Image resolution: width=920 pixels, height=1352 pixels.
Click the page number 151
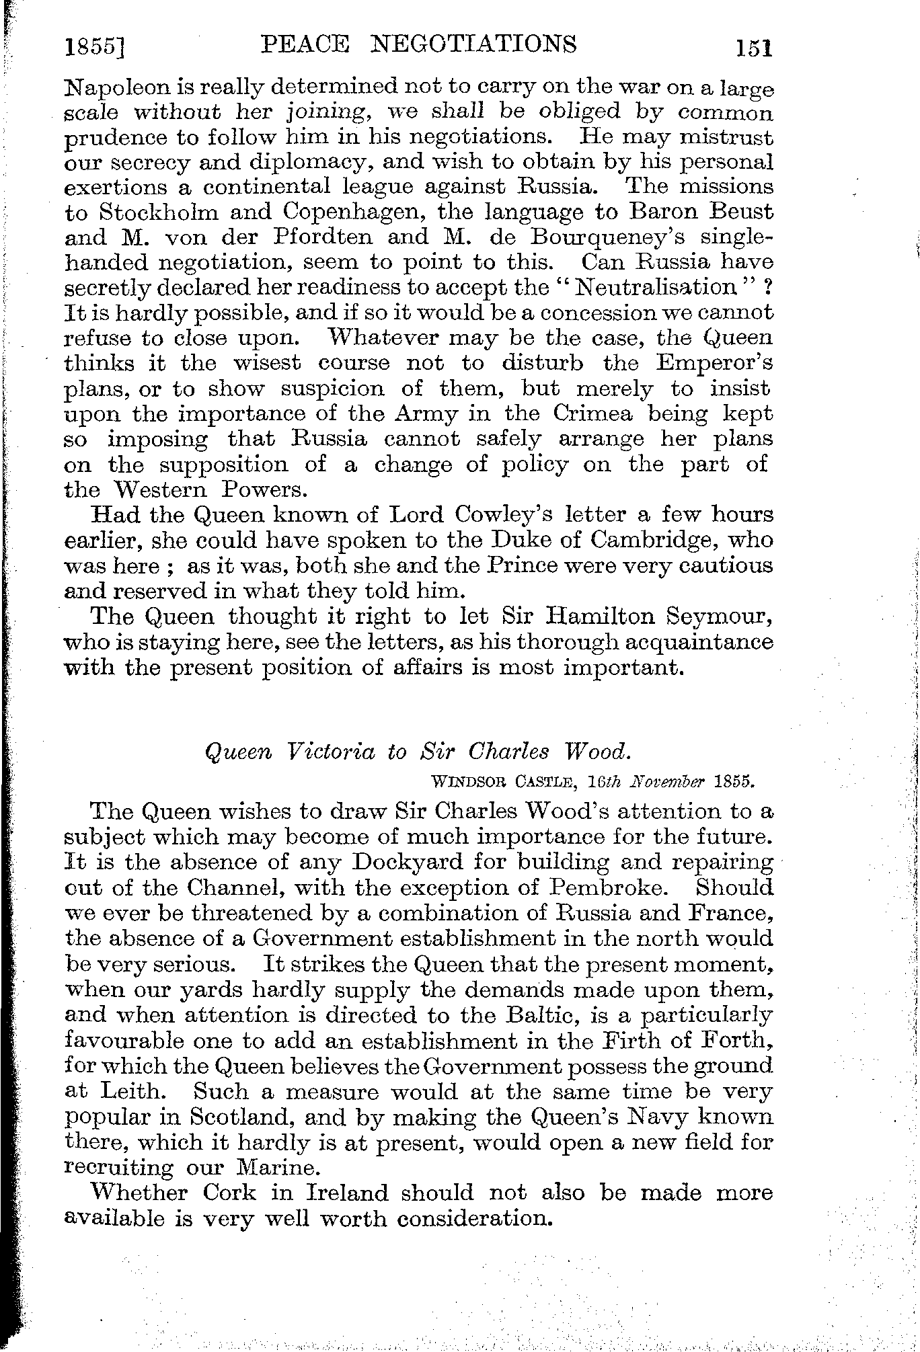tap(753, 48)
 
